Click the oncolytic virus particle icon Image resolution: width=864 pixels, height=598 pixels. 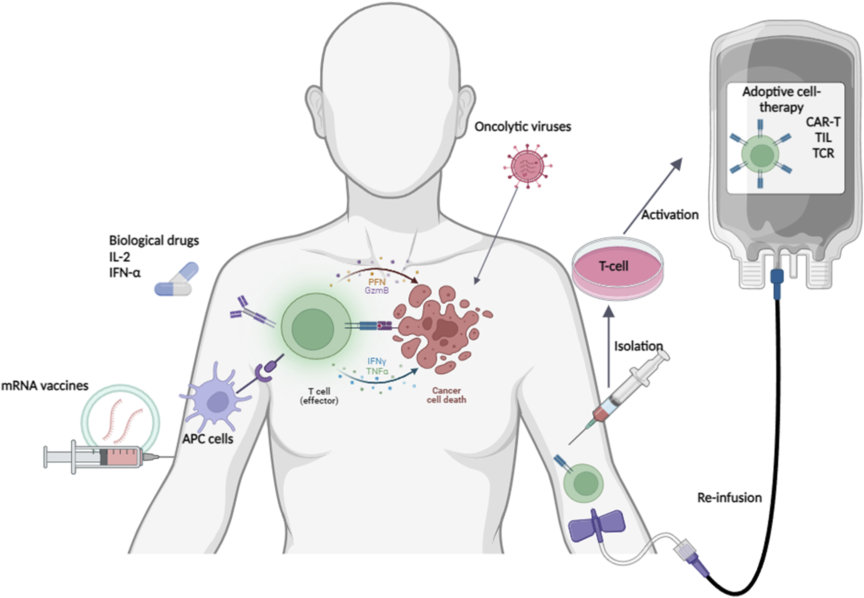tap(527, 166)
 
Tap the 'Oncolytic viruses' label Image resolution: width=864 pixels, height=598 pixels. tap(522, 127)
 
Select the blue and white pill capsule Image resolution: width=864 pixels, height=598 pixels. tap(176, 280)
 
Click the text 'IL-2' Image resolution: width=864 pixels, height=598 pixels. tap(120, 257)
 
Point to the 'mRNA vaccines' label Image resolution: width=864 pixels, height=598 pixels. tap(45, 386)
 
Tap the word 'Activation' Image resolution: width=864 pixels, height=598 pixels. tap(670, 215)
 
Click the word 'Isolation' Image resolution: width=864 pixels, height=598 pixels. tap(638, 346)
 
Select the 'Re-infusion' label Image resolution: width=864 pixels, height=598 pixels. tap(729, 498)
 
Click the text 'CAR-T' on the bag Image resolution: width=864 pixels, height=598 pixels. tap(822, 122)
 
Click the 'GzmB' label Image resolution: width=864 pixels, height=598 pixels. tap(377, 291)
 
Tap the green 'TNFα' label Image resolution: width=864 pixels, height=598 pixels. tap(377, 371)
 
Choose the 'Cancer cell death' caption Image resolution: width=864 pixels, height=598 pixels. tap(446, 395)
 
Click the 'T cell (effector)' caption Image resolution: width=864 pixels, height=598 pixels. tap(319, 396)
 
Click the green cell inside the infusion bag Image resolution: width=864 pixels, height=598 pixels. tap(761, 155)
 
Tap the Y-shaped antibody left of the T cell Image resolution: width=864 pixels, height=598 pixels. tap(251, 314)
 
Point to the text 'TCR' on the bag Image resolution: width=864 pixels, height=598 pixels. tap(823, 154)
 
